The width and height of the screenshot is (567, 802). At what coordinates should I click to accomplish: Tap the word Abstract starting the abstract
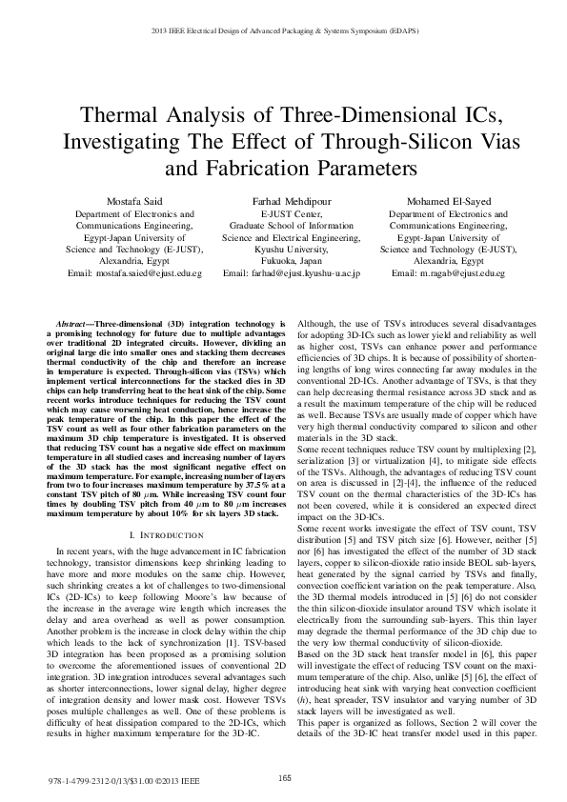(76, 324)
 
